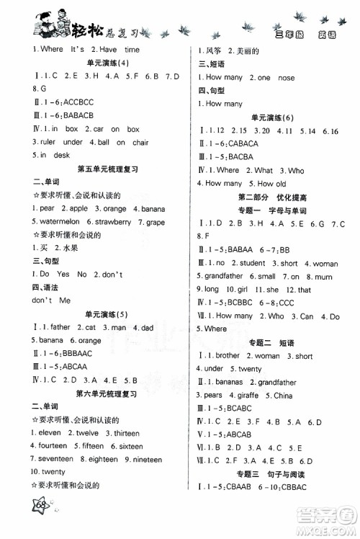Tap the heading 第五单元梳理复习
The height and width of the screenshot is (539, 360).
tap(111, 169)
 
